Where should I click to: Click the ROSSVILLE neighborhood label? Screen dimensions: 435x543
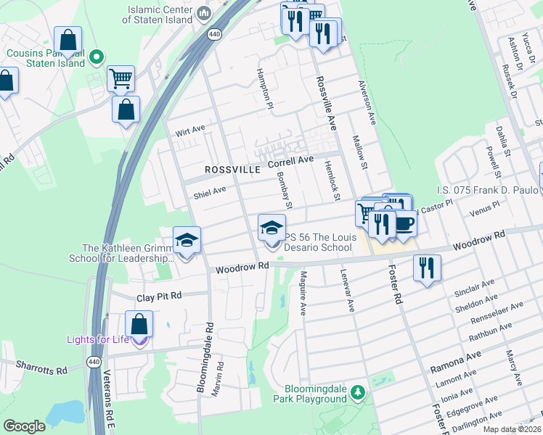232,169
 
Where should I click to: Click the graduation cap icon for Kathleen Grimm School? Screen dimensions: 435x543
187,240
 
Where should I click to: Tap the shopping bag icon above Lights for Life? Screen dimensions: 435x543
139,324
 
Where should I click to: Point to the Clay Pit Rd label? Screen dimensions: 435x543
159,297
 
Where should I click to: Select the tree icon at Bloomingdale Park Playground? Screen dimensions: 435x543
356,392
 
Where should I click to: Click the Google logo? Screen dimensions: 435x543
24,426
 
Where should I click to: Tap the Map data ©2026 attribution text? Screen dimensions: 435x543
512,429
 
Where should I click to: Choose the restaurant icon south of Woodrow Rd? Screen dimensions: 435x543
427,268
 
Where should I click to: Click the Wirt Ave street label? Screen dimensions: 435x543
191,133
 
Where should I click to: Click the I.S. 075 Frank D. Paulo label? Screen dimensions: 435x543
487,190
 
